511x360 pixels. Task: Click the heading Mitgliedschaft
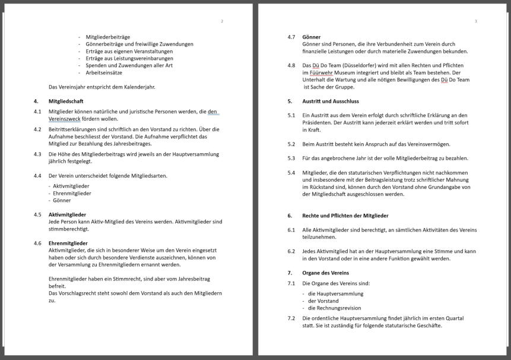66,101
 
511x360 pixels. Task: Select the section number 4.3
37,154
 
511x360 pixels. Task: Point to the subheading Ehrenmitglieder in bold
68,243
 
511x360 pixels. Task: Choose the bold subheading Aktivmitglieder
67,214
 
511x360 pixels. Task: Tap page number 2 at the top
222,21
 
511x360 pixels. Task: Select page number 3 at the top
475,21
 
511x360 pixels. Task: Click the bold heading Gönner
312,37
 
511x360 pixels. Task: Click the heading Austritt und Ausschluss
331,101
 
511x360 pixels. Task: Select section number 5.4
291,173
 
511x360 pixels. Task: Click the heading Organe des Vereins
325,273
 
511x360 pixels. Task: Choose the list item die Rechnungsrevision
334,308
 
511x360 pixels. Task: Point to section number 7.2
291,318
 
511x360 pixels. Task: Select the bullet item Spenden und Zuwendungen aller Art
129,65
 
